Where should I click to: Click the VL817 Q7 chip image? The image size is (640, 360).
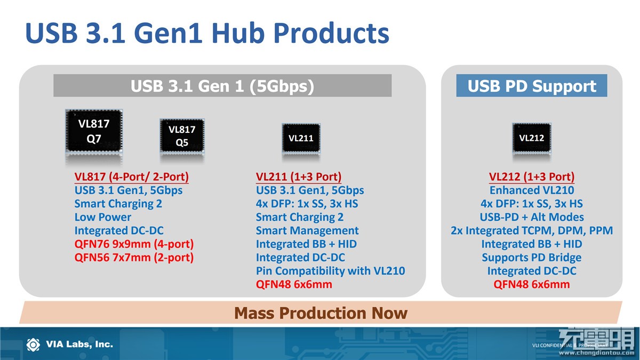click(x=94, y=131)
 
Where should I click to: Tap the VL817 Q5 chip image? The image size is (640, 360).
click(x=182, y=135)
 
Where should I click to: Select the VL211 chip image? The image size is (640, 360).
click(x=301, y=138)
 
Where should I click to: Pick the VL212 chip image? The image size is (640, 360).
click(x=532, y=138)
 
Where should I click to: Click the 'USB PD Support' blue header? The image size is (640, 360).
click(x=532, y=85)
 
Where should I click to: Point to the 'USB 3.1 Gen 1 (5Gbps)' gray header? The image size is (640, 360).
click(x=222, y=85)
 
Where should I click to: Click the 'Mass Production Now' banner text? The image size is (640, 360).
click(x=321, y=313)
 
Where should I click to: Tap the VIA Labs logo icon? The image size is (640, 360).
click(x=34, y=345)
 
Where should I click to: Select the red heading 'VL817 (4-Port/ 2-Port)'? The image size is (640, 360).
click(x=131, y=177)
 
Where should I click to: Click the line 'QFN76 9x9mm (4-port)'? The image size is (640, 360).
click(x=134, y=244)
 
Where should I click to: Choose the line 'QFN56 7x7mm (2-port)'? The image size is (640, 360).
click(x=134, y=258)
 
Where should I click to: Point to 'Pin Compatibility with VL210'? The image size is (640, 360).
click(x=330, y=271)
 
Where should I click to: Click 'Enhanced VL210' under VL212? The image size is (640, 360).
click(x=532, y=190)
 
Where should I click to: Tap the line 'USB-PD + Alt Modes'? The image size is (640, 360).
click(x=532, y=217)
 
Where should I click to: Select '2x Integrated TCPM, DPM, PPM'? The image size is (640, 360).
click(x=532, y=230)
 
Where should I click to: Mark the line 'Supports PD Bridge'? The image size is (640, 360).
click(x=532, y=258)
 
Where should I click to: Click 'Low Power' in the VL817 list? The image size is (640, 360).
click(x=103, y=217)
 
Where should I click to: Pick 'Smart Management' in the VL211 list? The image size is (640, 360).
click(x=307, y=230)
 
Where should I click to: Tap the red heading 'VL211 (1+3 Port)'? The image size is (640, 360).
click(x=299, y=177)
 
